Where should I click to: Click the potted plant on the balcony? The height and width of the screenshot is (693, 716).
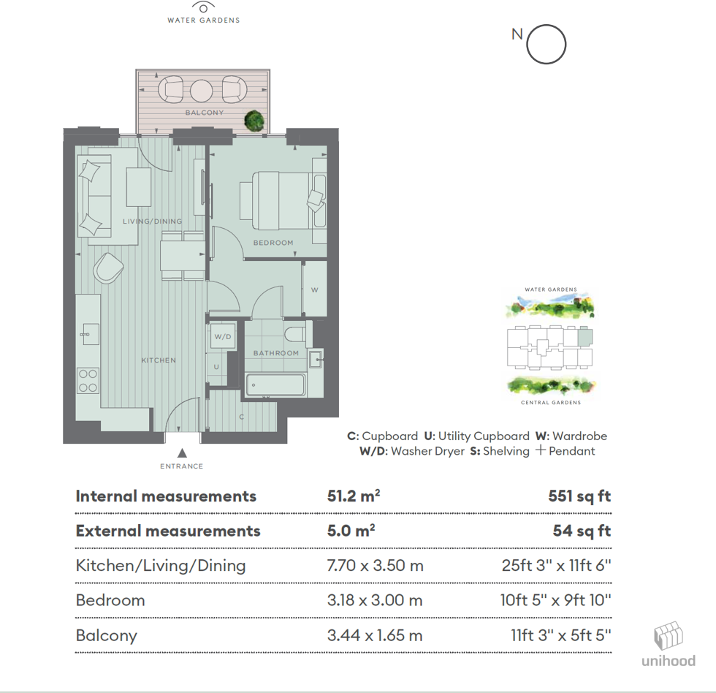(x=254, y=120)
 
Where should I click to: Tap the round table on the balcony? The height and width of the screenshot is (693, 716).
(x=201, y=91)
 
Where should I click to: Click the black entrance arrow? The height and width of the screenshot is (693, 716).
(x=181, y=453)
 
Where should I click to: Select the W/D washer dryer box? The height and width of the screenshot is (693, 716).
(x=222, y=337)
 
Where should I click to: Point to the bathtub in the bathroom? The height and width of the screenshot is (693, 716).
(x=275, y=385)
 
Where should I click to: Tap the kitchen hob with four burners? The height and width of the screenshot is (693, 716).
(x=88, y=379)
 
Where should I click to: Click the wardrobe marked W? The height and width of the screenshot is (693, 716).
(x=315, y=290)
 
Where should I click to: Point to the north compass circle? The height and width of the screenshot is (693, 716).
(x=546, y=45)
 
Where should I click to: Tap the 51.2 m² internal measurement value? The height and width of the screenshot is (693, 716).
(x=354, y=496)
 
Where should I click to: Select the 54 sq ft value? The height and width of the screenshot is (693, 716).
(x=582, y=531)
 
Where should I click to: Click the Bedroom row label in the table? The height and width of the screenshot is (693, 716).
(x=110, y=600)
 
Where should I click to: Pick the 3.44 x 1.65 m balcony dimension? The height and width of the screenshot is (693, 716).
(x=375, y=635)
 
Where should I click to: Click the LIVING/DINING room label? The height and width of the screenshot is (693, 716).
(x=152, y=221)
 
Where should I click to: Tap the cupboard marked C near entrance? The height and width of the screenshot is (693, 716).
(x=242, y=417)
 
